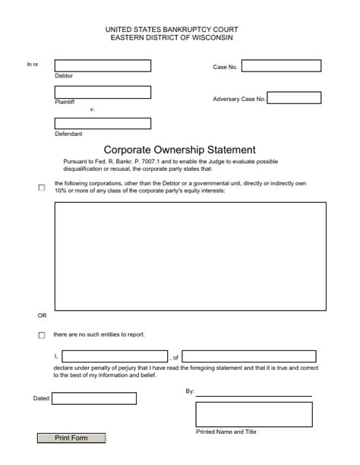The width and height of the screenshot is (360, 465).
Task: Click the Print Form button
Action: coord(71,438)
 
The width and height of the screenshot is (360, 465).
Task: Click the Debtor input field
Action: coord(103,66)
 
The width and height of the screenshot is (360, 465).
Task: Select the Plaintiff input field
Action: coord(103,92)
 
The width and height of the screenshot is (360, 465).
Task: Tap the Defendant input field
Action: coord(103,123)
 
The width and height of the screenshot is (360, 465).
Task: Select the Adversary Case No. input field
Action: coord(294,98)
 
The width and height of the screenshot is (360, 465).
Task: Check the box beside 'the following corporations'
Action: coord(42,188)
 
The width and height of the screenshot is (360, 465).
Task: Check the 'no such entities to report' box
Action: coord(42,335)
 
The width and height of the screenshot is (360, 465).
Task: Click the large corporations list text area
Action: coord(190,255)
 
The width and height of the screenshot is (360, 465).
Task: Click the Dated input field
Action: coord(94,398)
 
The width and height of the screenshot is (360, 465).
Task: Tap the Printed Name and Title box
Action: coord(254,414)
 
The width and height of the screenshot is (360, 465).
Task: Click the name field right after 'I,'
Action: coord(115,356)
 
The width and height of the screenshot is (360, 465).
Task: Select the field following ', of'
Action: coord(249,356)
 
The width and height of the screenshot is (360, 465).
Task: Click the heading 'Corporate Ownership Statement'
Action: coord(179,150)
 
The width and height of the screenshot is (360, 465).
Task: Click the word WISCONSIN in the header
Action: coord(211,37)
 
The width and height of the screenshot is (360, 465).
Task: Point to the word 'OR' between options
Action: coord(43,315)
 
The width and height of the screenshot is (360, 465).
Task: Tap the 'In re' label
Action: coord(33,65)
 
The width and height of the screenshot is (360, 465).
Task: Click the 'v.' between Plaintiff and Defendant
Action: coord(92,109)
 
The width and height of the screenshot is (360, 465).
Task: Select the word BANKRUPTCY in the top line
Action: coord(178,29)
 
